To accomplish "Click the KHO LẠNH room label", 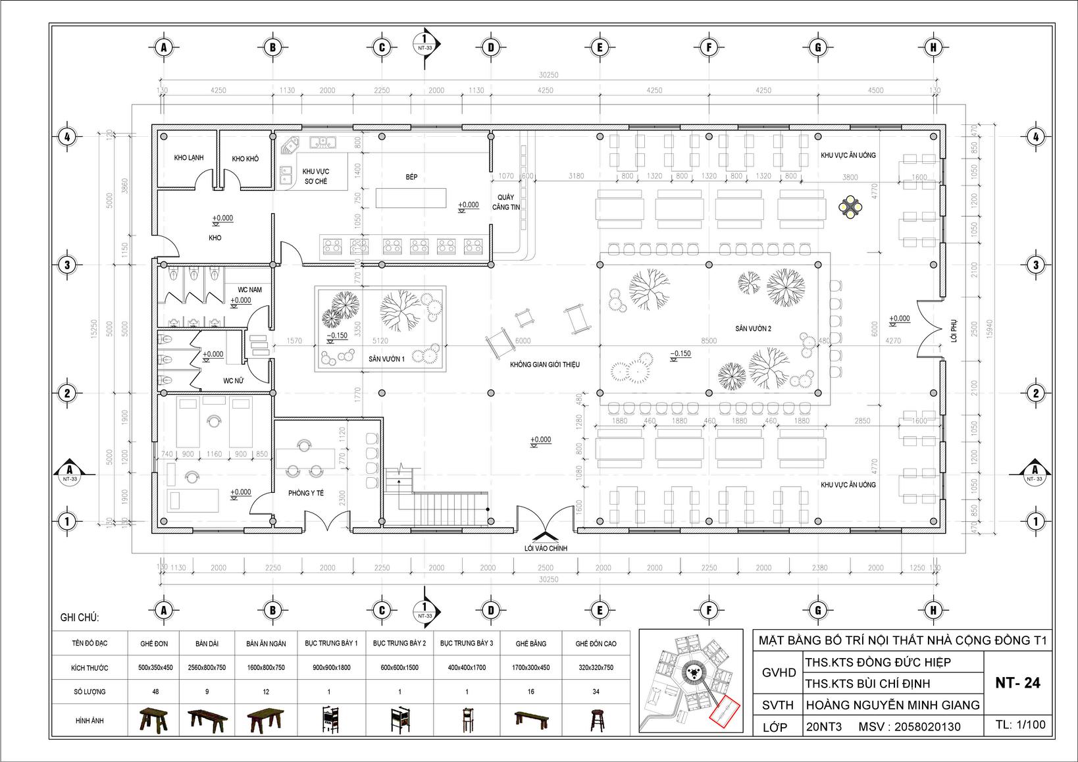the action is click(x=189, y=158).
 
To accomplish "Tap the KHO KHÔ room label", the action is click(x=245, y=159).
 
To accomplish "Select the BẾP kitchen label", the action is click(x=411, y=177).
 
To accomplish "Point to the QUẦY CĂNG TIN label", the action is click(x=506, y=202).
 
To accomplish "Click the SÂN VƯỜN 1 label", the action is click(x=386, y=359).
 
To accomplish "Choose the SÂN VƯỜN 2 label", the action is click(x=754, y=328).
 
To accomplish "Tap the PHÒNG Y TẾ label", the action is click(x=306, y=493).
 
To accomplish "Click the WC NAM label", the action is click(x=249, y=290).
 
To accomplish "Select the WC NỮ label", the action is click(x=234, y=380).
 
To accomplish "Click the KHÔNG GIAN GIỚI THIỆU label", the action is click(x=545, y=364).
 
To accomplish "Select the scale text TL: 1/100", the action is click(x=1020, y=724).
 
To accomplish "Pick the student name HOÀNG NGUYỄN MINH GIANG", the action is click(x=892, y=705).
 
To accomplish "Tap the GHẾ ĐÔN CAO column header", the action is click(x=596, y=643).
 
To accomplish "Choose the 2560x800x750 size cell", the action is click(x=208, y=667).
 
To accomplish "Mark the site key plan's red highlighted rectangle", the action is click(x=726, y=712).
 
